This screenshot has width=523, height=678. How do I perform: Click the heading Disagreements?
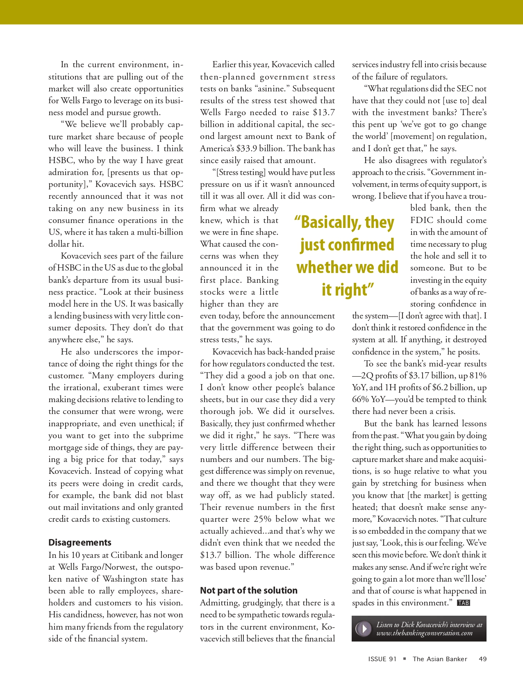[x=80, y=542]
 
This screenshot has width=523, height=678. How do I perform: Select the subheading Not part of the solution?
[x=249, y=590]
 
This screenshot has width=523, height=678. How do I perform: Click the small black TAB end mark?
[x=464, y=603]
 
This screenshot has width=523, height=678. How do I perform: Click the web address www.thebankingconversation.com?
[x=425, y=633]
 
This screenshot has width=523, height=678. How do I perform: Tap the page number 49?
[x=483, y=659]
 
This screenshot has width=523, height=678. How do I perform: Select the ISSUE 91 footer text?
[x=382, y=659]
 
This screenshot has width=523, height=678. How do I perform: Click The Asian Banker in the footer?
[x=440, y=659]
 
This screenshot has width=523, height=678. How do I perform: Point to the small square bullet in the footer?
[x=405, y=659]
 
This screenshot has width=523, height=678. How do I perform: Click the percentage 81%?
[x=478, y=375]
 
